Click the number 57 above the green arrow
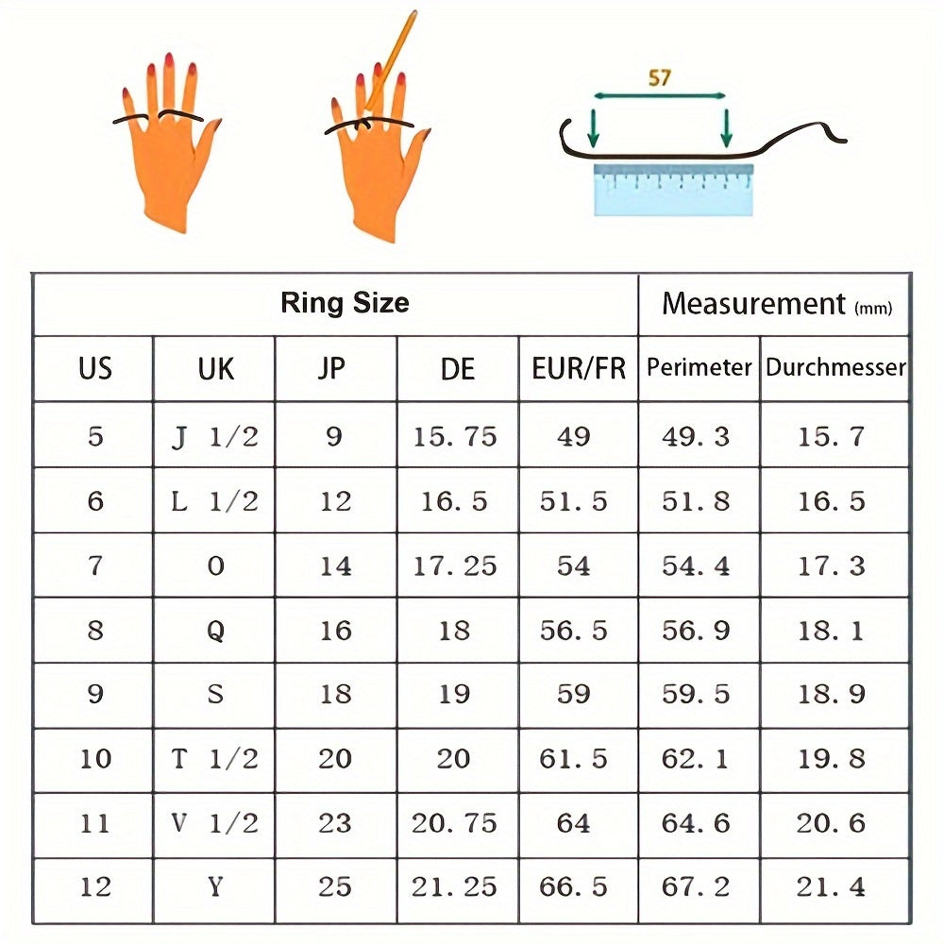659,77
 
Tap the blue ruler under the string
673,189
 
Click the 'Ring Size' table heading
345,302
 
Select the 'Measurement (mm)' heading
777,303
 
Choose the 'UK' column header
215,368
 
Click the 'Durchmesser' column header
835,367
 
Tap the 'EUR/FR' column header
579,368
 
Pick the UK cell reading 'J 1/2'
215,436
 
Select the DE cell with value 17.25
455,565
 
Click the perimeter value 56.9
696,631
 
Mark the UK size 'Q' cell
215,631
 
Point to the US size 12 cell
95,886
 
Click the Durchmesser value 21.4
831,886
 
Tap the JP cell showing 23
335,823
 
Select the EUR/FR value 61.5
573,759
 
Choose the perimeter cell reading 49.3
696,436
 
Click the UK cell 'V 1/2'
215,823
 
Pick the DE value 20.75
455,823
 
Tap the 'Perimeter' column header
699,367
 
